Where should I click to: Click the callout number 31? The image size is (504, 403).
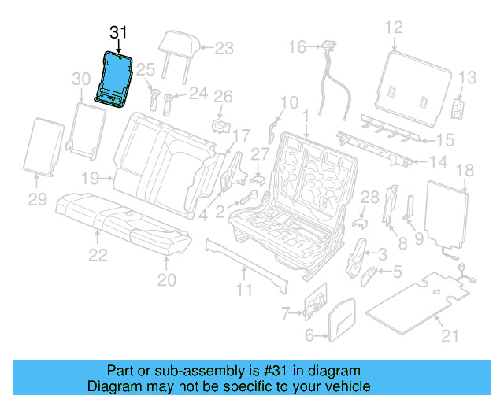coord(118,33)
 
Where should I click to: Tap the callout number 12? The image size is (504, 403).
coord(393,28)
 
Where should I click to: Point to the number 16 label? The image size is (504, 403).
coord(295,48)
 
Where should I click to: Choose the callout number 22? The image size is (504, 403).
coord(98,254)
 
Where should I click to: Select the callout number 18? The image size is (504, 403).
coord(465,170)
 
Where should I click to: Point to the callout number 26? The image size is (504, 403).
coord(224,97)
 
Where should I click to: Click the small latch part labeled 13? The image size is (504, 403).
coord(458,108)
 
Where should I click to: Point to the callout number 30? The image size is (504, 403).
coord(82,79)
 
